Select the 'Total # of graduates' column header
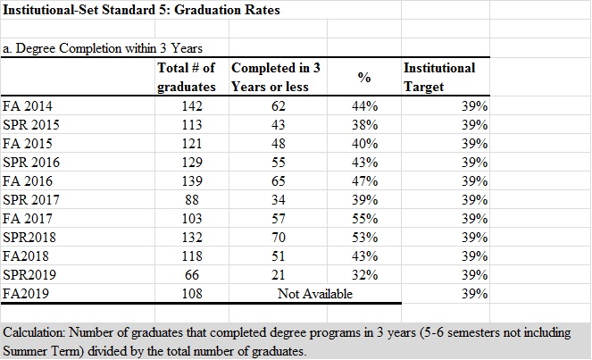187,78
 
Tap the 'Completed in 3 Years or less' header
275,78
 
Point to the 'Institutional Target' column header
439,78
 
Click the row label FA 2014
28,106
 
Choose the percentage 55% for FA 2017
364,218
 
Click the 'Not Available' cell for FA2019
315,293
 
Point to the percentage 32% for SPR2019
364,274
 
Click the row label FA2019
26,293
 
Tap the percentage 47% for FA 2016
364,180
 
